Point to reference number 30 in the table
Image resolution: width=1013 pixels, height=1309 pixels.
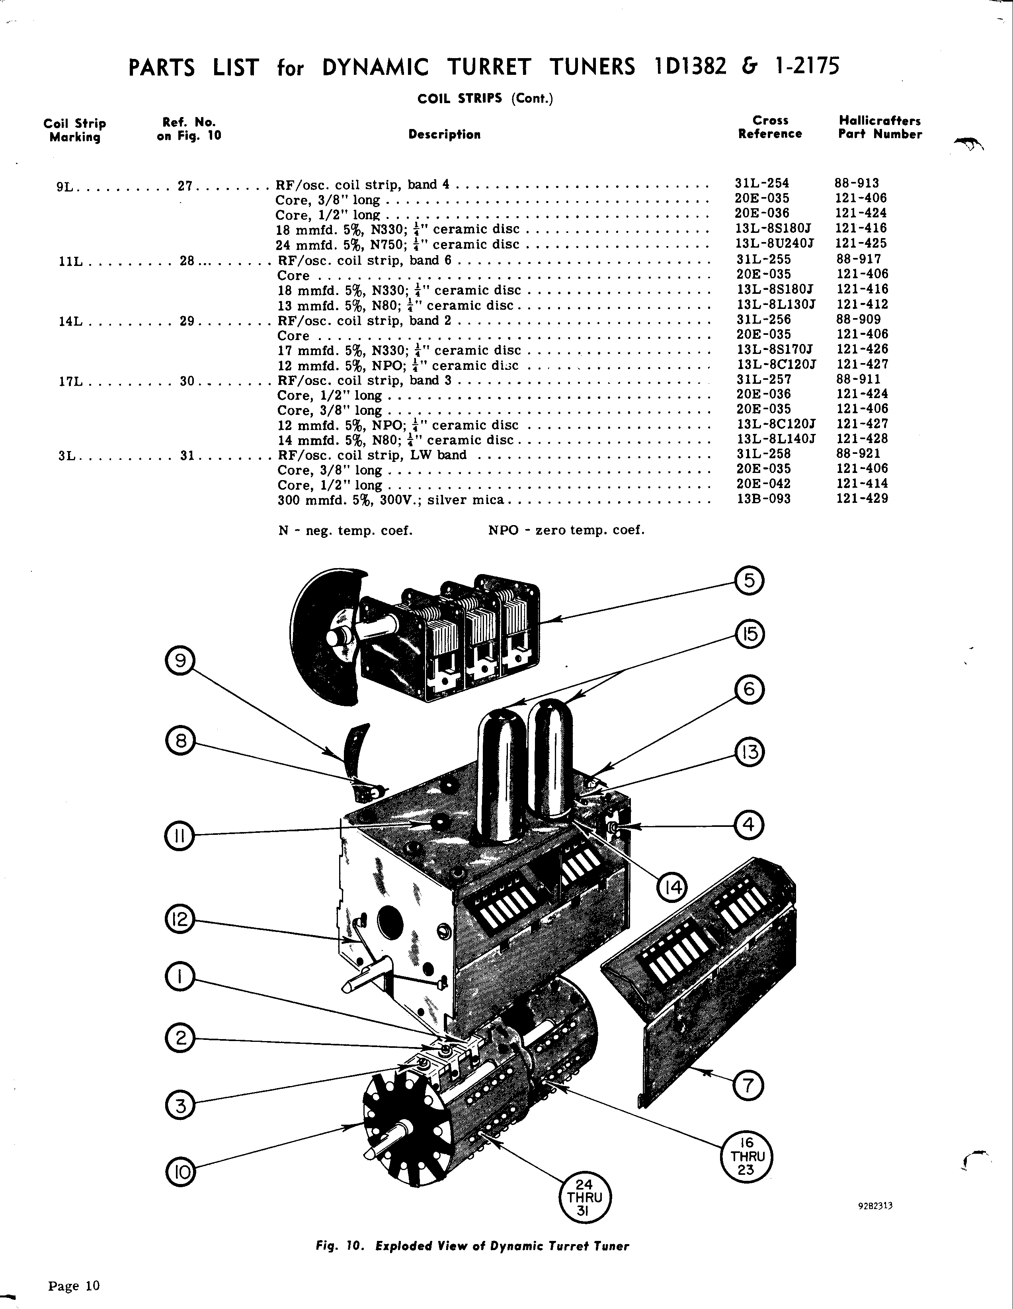[187, 381]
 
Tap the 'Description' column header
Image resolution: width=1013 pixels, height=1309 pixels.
[444, 134]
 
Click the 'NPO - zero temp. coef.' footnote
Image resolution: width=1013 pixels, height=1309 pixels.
[566, 530]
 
